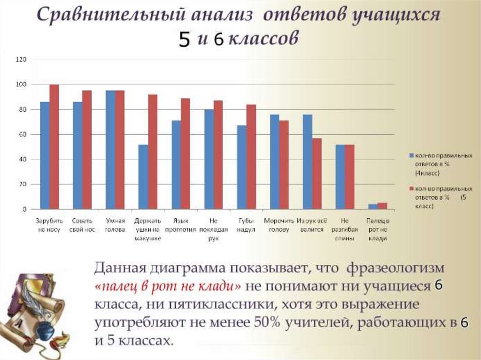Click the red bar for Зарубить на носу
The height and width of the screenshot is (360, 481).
pos(54,146)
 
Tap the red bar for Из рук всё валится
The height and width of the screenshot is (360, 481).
pos(317,174)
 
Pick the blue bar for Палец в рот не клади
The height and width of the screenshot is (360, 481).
pos(373,207)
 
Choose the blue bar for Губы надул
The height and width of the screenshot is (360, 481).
pos(242,167)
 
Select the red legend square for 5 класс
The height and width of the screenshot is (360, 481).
pos(411,189)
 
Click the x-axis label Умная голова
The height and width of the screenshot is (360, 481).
pos(115,224)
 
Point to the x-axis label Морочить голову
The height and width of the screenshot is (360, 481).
pos(279,224)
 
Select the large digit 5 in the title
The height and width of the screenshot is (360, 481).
pos(184,40)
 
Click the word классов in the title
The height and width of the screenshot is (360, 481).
pos(262,38)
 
